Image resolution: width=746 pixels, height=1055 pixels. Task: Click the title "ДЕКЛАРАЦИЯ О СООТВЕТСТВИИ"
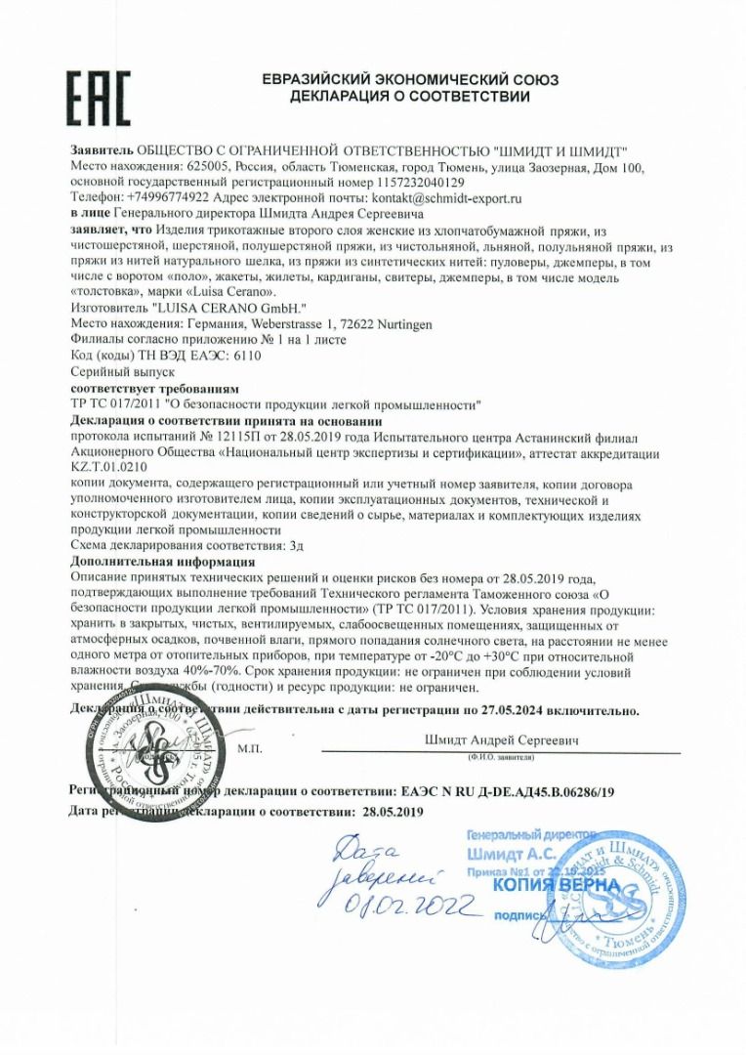click(x=409, y=97)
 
